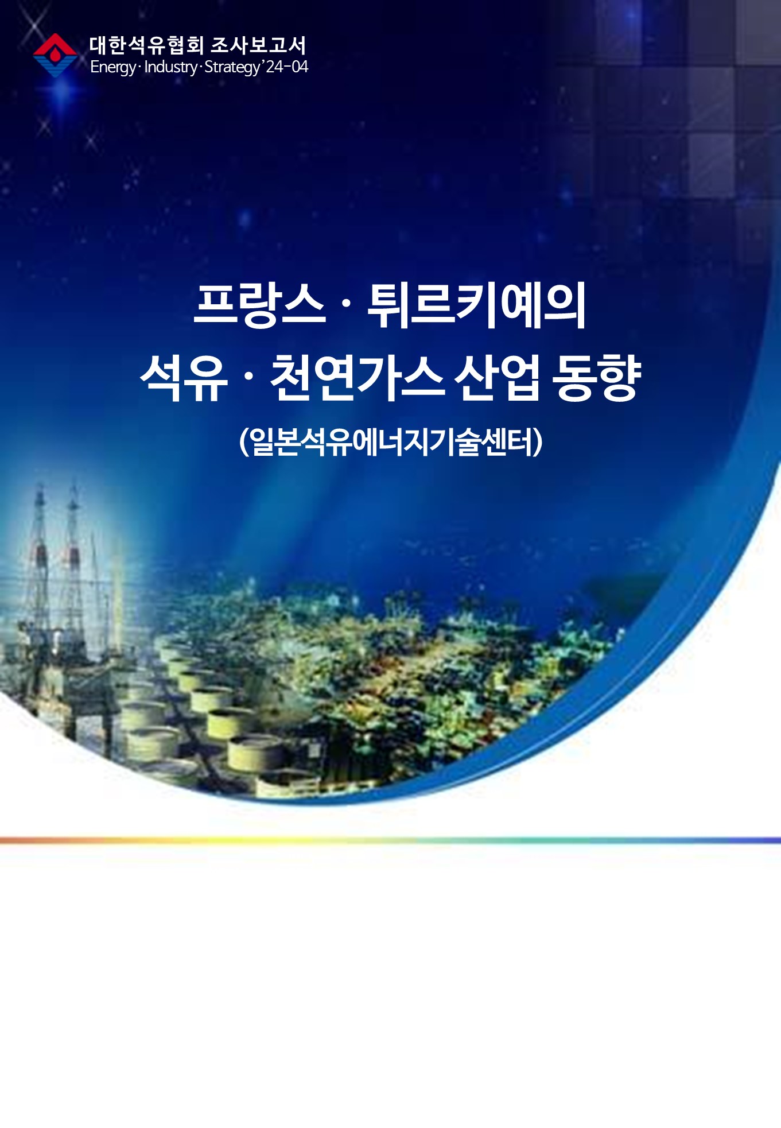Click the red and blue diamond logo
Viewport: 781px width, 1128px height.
55,55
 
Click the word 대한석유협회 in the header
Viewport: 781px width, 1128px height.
146,45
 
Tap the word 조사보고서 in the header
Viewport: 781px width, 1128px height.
258,45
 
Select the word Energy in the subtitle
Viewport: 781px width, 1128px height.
113,67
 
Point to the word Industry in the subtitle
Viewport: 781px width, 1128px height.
170,67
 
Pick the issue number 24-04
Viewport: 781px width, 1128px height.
287,67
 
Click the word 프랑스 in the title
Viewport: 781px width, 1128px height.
260,305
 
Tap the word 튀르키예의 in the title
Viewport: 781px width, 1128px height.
476,305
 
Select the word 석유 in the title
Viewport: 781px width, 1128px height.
184,377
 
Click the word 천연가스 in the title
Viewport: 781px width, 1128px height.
357,377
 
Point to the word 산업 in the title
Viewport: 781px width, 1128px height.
498,377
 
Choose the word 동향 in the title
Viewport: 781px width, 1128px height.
596,377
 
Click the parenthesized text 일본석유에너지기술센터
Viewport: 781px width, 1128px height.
391,441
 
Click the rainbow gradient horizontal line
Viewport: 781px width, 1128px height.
390,840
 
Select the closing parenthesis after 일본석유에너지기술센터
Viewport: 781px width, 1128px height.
537,441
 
